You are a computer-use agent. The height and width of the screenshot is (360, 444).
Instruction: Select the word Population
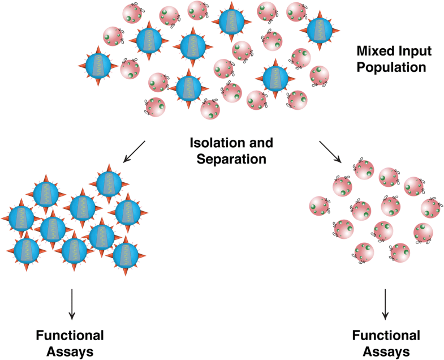(393, 68)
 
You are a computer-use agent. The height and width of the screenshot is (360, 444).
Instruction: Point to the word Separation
(231, 159)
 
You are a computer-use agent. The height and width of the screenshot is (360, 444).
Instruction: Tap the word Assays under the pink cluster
(385, 352)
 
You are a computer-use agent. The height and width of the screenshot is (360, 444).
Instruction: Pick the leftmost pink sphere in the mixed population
(114, 37)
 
